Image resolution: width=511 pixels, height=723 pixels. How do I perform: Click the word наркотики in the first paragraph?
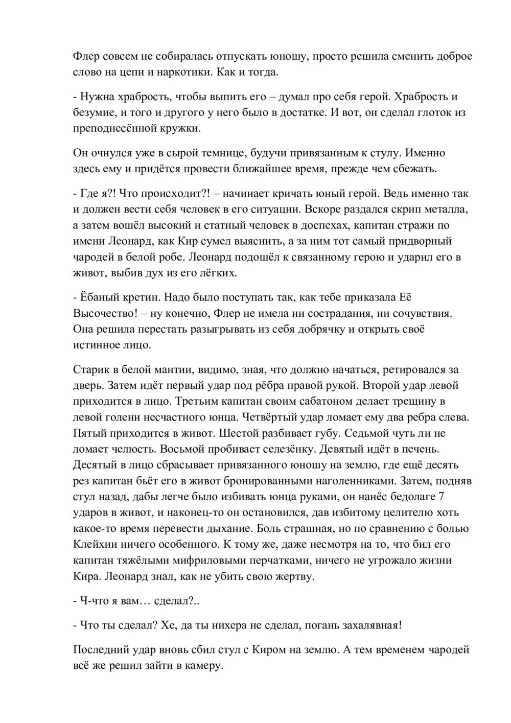pyautogui.click(x=182, y=72)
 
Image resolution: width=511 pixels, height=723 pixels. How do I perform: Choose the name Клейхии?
pyautogui.click(x=99, y=545)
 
